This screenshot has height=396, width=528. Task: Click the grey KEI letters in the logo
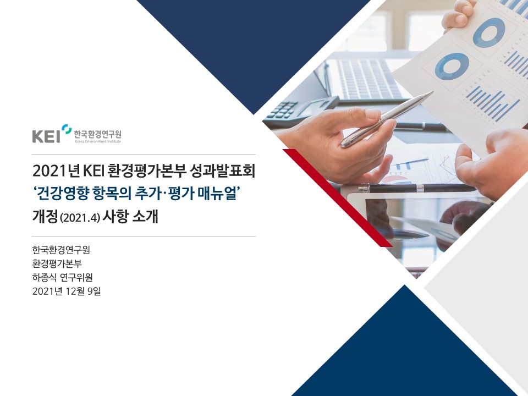[46, 136]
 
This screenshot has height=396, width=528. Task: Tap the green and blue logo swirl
[67, 129]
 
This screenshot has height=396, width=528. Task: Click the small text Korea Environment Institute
[98, 141]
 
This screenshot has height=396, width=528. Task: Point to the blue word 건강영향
[63, 194]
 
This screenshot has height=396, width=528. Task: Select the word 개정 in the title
[45, 217]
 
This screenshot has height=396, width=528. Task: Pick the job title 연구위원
[76, 277]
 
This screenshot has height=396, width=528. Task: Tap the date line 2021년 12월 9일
[67, 291]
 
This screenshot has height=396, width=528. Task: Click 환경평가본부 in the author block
[57, 263]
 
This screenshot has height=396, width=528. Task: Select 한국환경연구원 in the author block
[61, 250]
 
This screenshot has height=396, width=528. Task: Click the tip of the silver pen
[433, 92]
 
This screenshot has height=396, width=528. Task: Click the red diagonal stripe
[338, 198]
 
